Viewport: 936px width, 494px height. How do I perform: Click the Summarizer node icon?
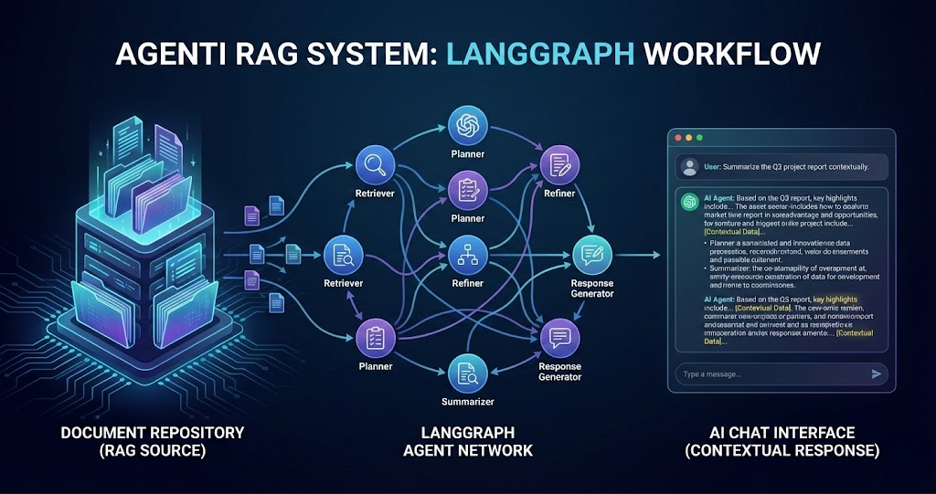467,373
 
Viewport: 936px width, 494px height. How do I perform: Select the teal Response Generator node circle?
590,253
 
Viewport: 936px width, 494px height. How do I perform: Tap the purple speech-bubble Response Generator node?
558,339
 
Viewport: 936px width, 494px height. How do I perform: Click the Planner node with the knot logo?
467,125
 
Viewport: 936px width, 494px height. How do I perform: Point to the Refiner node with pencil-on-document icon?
558,164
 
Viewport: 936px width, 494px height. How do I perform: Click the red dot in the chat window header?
677,137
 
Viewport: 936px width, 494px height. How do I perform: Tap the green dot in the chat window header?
699,137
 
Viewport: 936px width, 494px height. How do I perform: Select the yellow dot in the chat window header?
688,137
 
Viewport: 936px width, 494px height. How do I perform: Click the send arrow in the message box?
877,373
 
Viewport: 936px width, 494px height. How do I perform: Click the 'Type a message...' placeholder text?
713,374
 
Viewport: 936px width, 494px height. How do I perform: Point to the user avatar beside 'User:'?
688,167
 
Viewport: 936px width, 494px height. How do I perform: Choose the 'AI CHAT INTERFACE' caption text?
782,432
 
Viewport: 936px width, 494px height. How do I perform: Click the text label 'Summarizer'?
467,402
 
